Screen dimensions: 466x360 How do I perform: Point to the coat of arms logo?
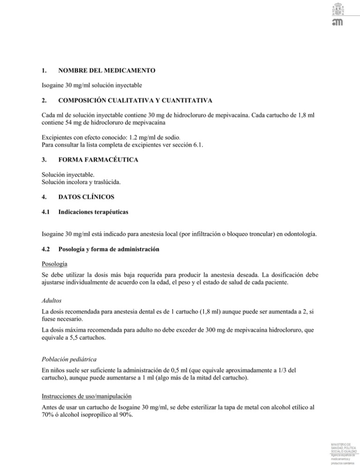338,9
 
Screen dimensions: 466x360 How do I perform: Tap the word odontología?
298,233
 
